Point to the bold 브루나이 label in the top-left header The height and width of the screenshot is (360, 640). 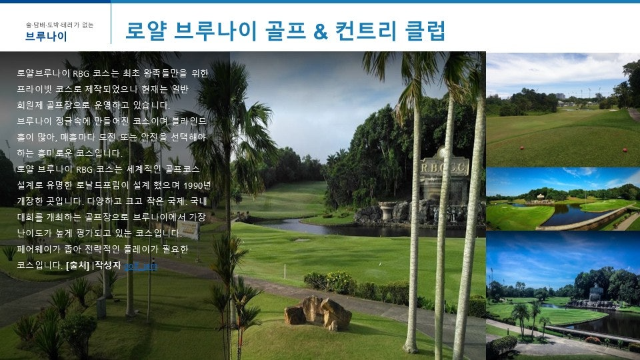pyautogui.click(x=46, y=37)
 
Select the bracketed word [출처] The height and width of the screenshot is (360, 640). pyautogui.click(x=77, y=265)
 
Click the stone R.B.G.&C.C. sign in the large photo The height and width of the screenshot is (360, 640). pyautogui.click(x=444, y=167)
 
